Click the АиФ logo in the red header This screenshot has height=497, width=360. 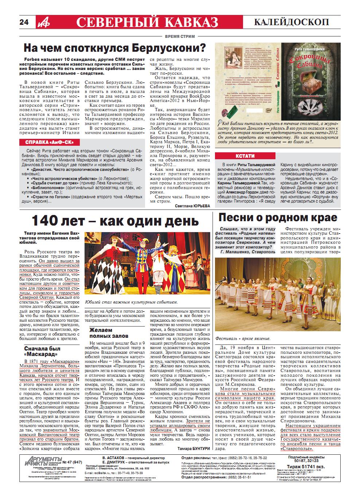[42, 23]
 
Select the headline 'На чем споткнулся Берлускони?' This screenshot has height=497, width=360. [114, 48]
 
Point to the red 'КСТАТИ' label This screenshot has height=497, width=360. [236, 156]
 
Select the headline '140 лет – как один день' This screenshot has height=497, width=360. [115, 221]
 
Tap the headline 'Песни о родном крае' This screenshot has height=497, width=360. [278, 218]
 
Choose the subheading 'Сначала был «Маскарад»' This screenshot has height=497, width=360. [42, 351]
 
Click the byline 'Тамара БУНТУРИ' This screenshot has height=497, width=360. [194, 448]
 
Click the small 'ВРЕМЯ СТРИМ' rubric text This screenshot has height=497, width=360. [180, 36]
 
